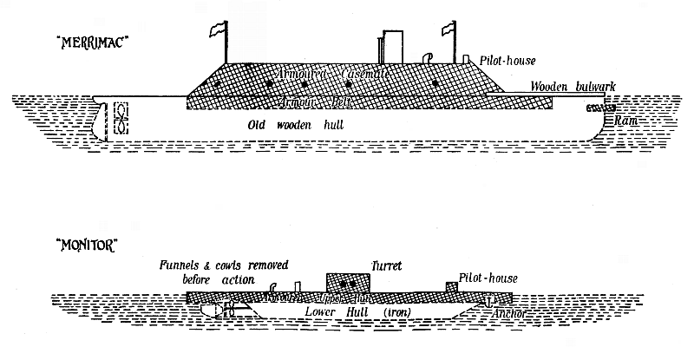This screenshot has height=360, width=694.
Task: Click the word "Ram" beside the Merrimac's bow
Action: click(x=626, y=121)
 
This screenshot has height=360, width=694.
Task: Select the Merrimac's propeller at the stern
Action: click(x=122, y=120)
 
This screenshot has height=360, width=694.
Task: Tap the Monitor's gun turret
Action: click(x=348, y=284)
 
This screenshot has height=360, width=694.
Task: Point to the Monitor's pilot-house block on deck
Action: click(x=450, y=287)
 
